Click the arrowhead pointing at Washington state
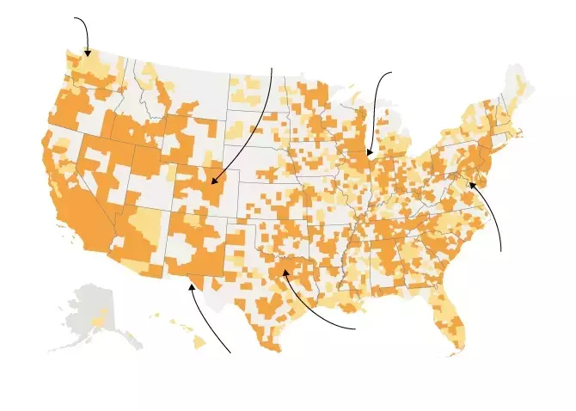[x=87, y=54]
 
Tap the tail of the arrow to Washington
[x=75, y=18]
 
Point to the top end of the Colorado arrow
[x=272, y=68]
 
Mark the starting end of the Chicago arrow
[x=391, y=73]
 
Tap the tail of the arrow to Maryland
[x=500, y=252]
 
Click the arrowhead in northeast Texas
[x=285, y=272]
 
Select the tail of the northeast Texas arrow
[x=355, y=328]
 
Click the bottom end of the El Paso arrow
[x=230, y=352]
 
